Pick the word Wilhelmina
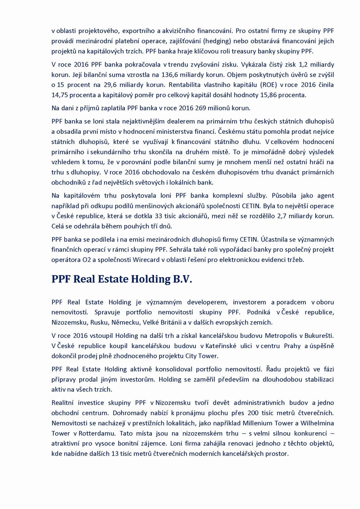pyautogui.click(x=316, y=424)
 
